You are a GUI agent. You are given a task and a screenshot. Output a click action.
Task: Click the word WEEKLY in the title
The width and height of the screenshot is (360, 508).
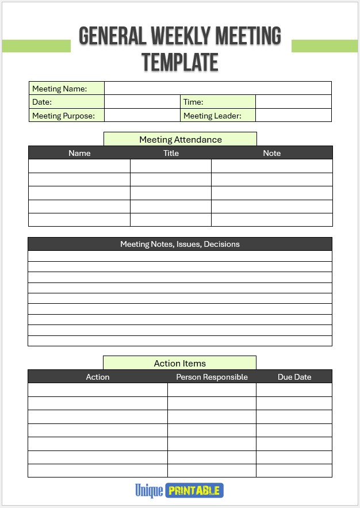pyautogui.click(x=181, y=36)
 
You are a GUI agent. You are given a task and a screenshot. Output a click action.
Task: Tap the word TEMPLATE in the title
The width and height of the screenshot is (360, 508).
pyautogui.click(x=180, y=62)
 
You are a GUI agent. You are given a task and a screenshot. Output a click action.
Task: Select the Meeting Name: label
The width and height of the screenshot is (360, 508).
pyautogui.click(x=60, y=89)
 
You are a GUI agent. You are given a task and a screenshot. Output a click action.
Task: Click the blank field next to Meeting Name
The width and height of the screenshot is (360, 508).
pyautogui.click(x=217, y=88)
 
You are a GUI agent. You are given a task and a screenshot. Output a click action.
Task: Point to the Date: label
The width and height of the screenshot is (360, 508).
pyautogui.click(x=42, y=102)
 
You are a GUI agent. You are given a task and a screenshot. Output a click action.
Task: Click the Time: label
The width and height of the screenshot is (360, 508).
pyautogui.click(x=193, y=102)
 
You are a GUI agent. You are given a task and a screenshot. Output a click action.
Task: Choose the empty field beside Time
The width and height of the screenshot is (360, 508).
pyautogui.click(x=293, y=102)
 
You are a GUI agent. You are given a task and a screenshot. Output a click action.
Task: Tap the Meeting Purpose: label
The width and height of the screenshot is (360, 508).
pyautogui.click(x=63, y=116)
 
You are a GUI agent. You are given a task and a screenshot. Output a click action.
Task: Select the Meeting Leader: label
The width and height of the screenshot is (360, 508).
pyautogui.click(x=212, y=116)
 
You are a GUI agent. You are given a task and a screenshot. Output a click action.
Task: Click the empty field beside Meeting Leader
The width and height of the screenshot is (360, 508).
pyautogui.click(x=293, y=115)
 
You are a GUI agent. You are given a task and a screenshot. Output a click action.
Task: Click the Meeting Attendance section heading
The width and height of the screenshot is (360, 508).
pyautogui.click(x=180, y=139)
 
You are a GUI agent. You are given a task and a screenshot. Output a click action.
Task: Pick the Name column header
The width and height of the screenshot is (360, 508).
pyautogui.click(x=79, y=153)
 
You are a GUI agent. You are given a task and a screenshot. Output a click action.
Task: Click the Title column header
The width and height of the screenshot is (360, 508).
pyautogui.click(x=171, y=153)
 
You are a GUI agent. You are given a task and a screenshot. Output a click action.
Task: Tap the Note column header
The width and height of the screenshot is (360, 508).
pyautogui.click(x=272, y=153)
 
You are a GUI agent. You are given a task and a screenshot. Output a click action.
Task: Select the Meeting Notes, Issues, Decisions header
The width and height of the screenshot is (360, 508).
pyautogui.click(x=180, y=244)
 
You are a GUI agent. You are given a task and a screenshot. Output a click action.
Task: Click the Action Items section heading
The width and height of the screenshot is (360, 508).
pyautogui.click(x=179, y=363)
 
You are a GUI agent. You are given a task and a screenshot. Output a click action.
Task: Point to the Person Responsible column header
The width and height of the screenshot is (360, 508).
pyautogui.click(x=212, y=377)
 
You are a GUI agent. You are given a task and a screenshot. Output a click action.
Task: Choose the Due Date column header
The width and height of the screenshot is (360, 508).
pyautogui.click(x=294, y=377)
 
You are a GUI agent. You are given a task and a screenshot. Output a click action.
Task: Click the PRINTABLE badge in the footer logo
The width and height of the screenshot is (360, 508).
pyautogui.click(x=194, y=491)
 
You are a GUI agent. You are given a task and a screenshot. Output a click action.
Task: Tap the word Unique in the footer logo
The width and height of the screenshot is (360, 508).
pyautogui.click(x=149, y=491)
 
